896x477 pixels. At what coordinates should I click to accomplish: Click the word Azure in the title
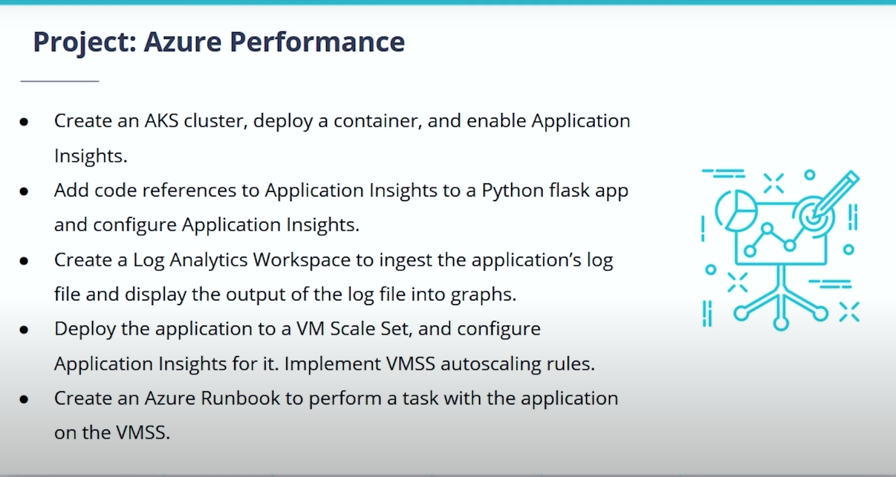tap(183, 42)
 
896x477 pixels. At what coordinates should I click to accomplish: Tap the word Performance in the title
tap(317, 42)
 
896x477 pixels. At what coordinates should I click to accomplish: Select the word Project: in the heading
tap(85, 42)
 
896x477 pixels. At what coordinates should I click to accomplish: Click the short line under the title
tap(60, 81)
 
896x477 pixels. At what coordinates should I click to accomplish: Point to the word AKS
tap(161, 121)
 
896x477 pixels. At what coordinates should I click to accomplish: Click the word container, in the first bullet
tap(378, 121)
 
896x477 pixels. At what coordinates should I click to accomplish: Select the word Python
tap(512, 191)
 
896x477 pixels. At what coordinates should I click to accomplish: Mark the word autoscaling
tap(490, 364)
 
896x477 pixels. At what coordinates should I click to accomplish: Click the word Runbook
tap(240, 398)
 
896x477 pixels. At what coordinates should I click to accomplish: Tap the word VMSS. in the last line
tap(143, 433)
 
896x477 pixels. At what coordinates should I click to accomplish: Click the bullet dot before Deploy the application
tap(24, 330)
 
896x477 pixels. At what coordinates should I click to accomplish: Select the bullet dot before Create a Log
tap(24, 261)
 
